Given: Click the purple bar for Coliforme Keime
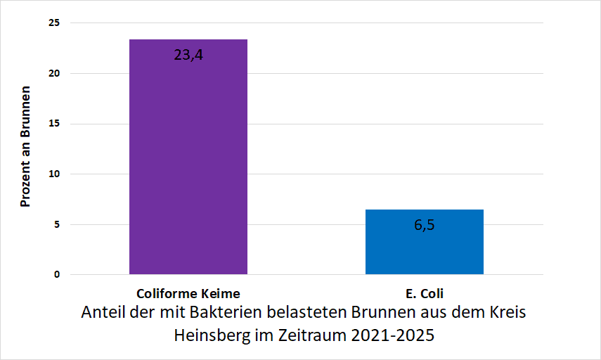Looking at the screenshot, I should point(188,162).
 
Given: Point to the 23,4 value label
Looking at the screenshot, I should point(188,54).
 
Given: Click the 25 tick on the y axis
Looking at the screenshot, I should point(54,23).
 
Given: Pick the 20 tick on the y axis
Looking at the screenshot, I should point(54,73).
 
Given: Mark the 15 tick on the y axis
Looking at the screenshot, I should point(54,124).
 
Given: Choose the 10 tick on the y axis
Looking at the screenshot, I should point(54,174).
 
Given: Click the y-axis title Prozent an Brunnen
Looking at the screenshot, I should point(25,147).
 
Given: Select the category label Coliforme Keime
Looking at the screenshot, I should point(188,293).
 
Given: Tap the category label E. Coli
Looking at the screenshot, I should point(424,293).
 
